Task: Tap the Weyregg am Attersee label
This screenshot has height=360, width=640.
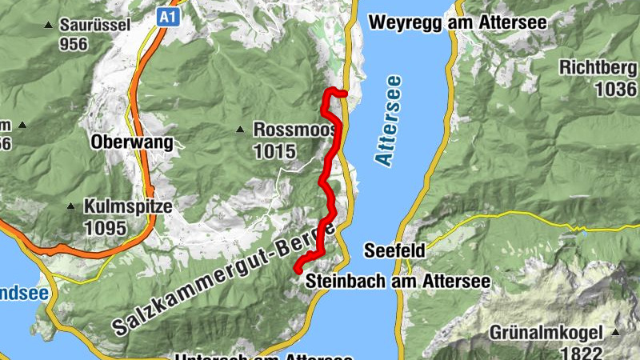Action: click(457, 22)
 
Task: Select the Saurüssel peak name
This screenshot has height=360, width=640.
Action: click(94, 25)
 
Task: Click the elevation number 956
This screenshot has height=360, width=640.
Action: click(73, 44)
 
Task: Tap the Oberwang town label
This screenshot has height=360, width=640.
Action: click(132, 143)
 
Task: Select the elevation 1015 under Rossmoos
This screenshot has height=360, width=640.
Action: click(274, 150)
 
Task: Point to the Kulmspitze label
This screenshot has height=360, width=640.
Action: click(128, 206)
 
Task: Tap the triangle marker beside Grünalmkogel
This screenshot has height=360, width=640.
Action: click(616, 331)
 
